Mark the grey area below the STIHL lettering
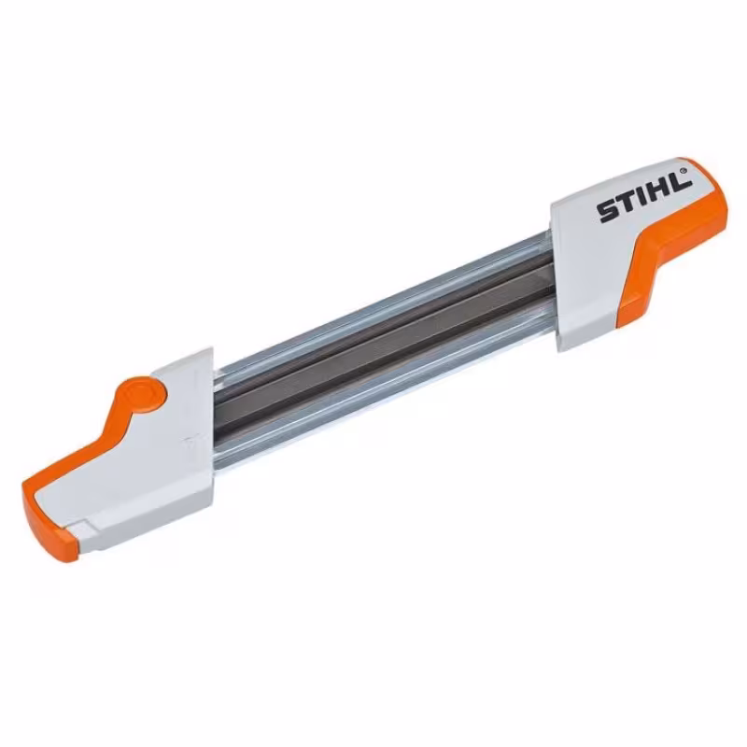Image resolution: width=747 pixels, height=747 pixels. (598, 271)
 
